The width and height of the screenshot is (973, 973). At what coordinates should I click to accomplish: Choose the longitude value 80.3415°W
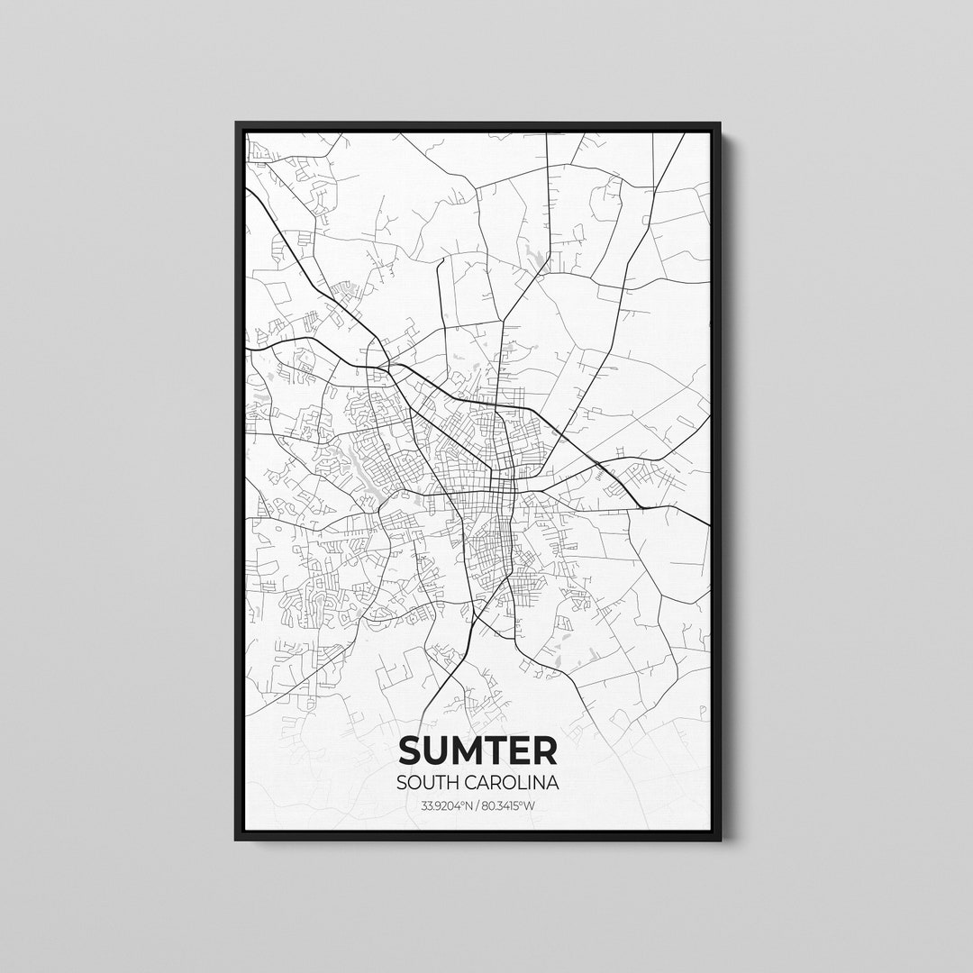click(x=511, y=805)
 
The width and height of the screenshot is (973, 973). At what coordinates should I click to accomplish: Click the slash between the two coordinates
click(x=477, y=805)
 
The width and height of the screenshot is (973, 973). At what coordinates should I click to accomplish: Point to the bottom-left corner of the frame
click(x=237, y=839)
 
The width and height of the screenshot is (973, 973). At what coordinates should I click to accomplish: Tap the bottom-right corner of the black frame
click(x=720, y=839)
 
